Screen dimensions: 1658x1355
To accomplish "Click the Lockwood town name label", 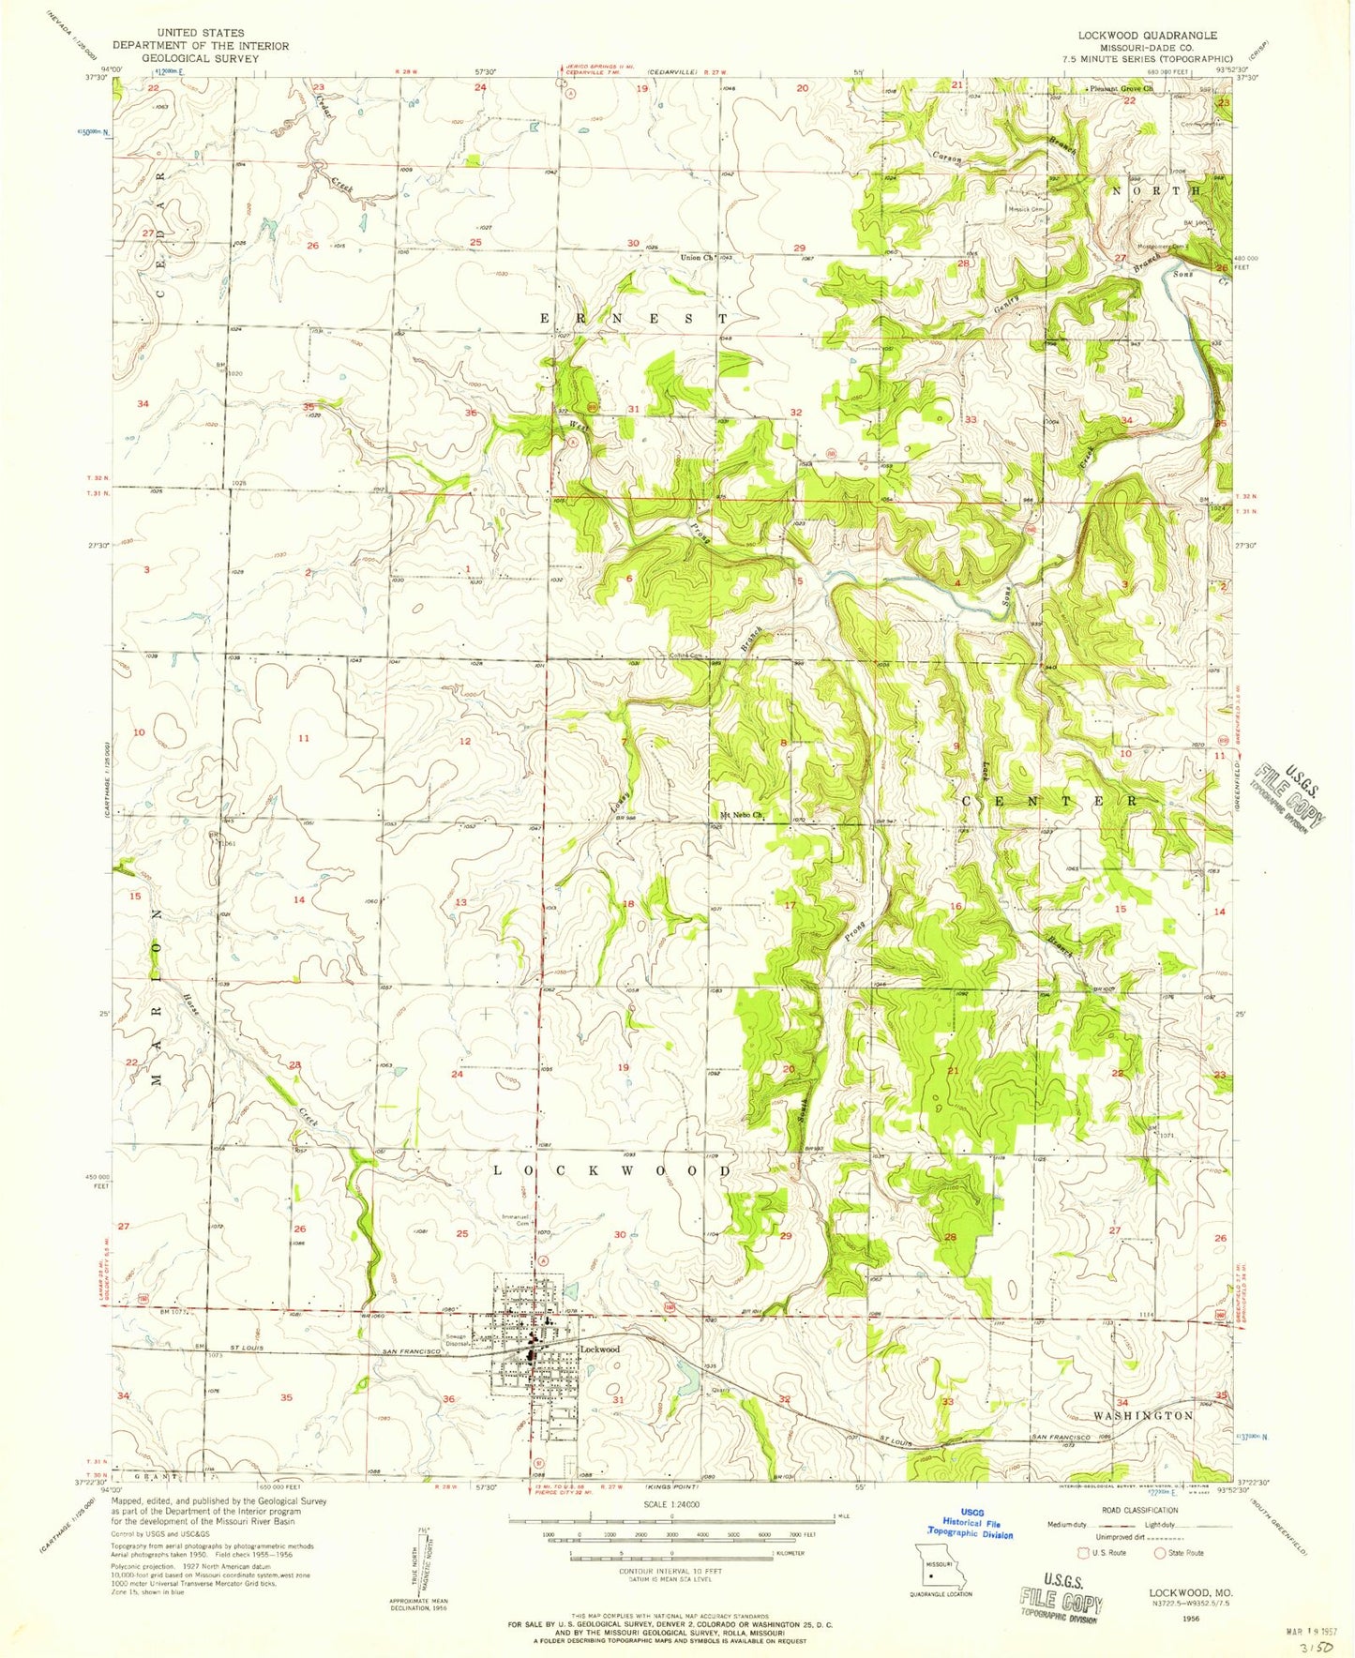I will pos(600,1349).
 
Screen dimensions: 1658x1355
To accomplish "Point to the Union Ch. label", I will pos(696,257).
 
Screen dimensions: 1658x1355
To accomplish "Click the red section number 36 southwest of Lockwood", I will pos(449,1399).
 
